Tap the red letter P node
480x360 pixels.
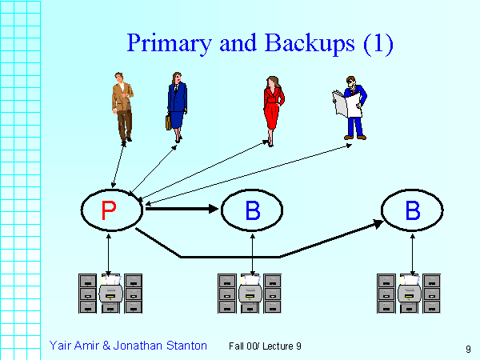coord(110,210)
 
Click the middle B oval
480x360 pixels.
coord(252,210)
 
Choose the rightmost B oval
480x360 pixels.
coord(412,210)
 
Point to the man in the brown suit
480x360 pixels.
coord(122,104)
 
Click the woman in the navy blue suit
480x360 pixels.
coord(177,104)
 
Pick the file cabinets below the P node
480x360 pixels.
coord(110,293)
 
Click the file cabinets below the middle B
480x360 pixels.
coord(250,293)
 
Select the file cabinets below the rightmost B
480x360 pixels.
coord(409,293)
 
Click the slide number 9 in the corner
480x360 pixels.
coord(466,349)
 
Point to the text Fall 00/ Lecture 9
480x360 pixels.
coord(265,346)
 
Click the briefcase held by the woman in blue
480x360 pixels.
coord(169,122)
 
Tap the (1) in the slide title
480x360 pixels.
coord(378,43)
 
